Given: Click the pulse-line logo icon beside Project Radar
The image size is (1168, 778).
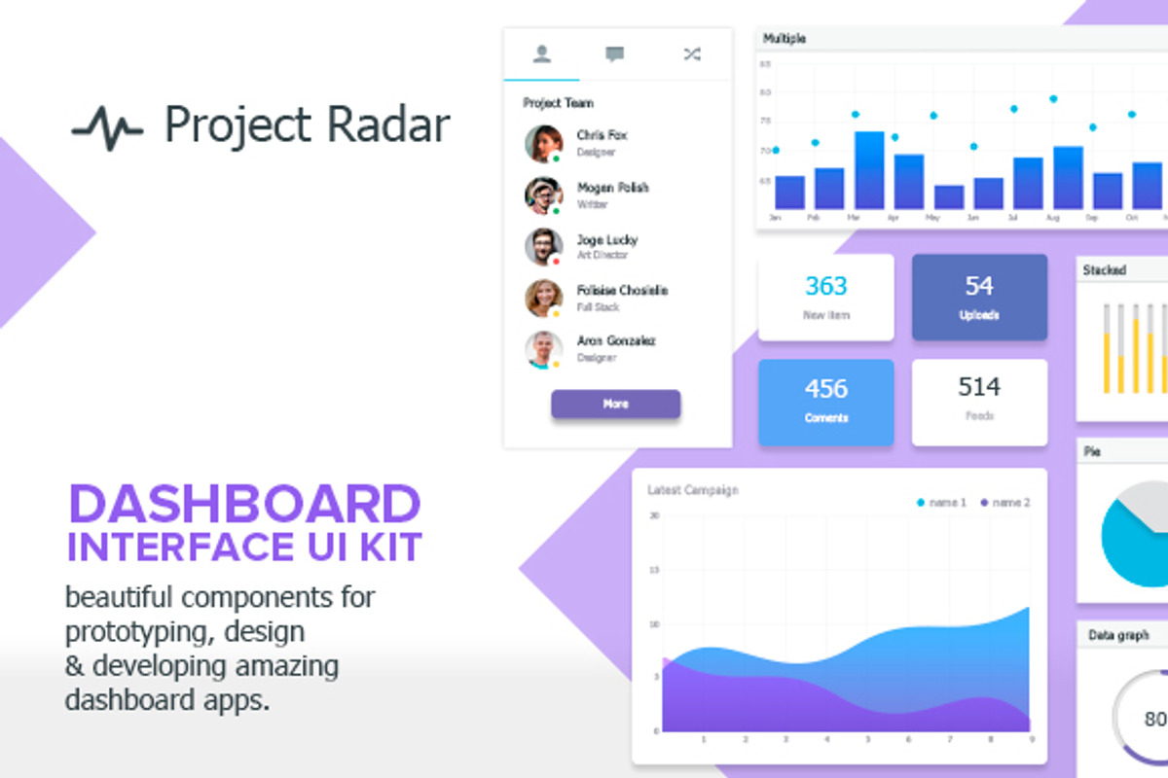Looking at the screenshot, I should coord(107,128).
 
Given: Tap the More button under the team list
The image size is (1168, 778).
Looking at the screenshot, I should coord(615,404).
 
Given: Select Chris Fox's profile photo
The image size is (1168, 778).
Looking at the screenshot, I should coord(543,143).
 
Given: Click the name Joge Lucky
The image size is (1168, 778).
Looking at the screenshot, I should coord(606,239).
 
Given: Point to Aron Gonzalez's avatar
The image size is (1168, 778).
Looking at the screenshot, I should coord(543,350).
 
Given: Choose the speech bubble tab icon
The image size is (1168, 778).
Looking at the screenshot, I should coord(614,54).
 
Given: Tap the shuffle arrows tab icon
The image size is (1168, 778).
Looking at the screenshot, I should coord(691,54).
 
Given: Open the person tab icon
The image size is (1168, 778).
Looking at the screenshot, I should coord(541,54).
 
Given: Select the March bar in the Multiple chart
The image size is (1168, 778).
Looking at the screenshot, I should coord(869,170).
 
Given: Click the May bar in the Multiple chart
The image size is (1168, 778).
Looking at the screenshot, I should coord(948,197).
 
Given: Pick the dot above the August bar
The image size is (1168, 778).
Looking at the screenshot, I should coord(1053,98).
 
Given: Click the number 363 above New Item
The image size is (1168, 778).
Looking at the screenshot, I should coord(826,286).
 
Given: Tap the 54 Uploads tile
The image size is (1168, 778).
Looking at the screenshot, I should coord(979,298).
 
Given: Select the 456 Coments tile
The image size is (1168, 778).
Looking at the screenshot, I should coord(825,402).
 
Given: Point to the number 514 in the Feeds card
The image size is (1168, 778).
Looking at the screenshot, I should coord(979,387).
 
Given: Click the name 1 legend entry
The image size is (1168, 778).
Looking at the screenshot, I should coord(941,503).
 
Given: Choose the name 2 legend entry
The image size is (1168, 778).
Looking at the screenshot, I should coord(1005,503).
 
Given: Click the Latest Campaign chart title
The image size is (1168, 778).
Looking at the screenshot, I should coord(693,490).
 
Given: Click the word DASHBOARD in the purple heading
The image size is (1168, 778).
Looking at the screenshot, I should coord(244,506).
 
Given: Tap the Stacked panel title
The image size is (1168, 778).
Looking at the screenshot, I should coord(1104,270).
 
